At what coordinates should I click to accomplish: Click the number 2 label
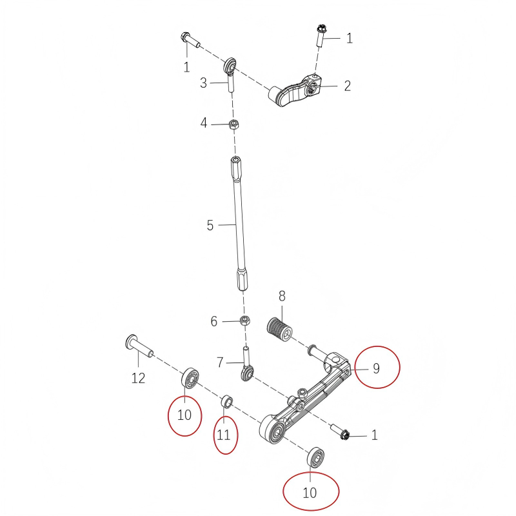[347, 86]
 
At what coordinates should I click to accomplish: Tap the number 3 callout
[203, 83]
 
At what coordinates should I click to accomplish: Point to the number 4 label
[204, 123]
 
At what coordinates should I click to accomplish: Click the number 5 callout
[210, 226]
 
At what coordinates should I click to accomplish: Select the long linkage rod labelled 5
[238, 219]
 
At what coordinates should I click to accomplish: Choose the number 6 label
[214, 321]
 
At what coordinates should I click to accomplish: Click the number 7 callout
[220, 363]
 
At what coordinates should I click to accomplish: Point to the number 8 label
[282, 296]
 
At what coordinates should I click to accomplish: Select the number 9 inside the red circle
[376, 368]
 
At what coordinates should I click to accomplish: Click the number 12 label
[139, 379]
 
